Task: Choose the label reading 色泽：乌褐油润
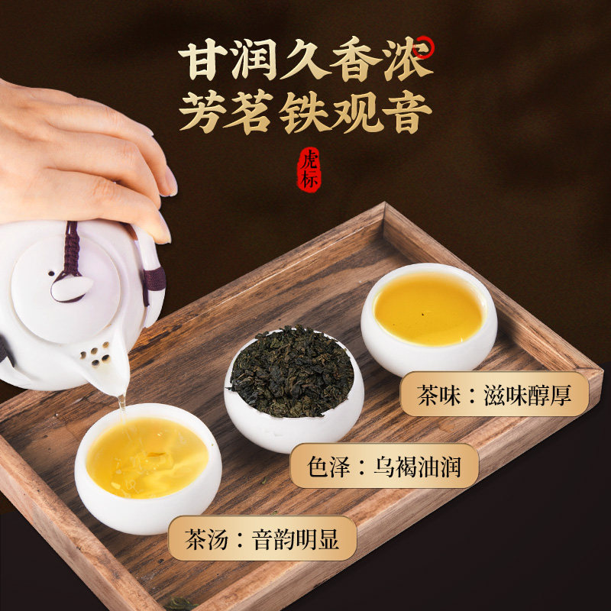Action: [384, 464]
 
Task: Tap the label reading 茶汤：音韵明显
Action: [261, 536]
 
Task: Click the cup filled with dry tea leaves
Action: [293, 386]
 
